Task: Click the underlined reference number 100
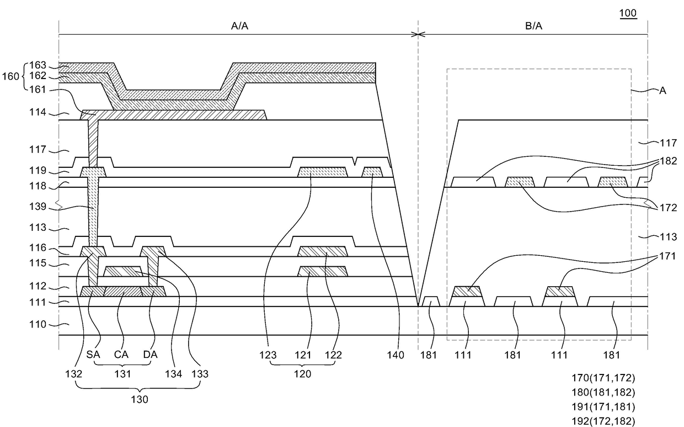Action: click(x=628, y=13)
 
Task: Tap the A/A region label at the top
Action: click(x=238, y=25)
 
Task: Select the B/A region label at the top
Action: click(x=533, y=25)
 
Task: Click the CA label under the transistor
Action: click(x=121, y=355)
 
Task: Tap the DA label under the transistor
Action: click(x=150, y=355)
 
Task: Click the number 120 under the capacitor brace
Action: click(x=302, y=374)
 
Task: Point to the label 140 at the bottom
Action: click(x=396, y=355)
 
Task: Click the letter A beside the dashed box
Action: click(x=662, y=90)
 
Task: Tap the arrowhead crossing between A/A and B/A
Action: click(x=418, y=34)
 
